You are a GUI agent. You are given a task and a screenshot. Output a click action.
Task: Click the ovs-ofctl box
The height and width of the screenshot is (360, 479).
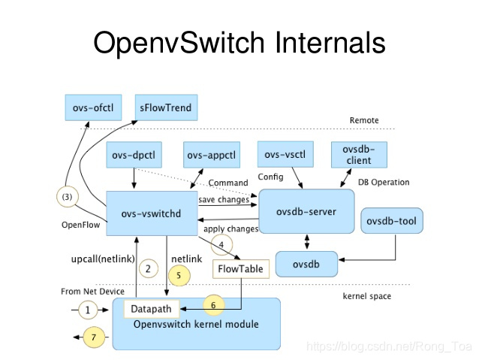click(x=94, y=107)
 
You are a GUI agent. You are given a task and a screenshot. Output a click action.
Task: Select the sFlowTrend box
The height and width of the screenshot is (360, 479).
click(x=165, y=107)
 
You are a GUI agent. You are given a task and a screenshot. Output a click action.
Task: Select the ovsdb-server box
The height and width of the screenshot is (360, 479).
click(x=306, y=212)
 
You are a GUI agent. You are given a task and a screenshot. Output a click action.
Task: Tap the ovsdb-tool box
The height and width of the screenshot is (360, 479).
click(x=393, y=222)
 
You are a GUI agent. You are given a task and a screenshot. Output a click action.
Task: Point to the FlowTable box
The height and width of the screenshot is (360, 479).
click(x=241, y=268)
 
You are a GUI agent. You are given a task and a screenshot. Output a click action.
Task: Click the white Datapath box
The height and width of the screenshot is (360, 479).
click(x=151, y=309)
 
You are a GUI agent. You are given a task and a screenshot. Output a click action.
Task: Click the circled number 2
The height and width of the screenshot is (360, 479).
click(x=149, y=268)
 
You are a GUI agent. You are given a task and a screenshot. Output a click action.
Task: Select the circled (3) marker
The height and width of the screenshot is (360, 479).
click(x=68, y=197)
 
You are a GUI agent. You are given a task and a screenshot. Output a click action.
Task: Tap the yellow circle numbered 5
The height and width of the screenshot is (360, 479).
click(x=179, y=275)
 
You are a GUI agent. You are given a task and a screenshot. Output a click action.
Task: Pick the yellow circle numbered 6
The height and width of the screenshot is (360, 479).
click(x=212, y=306)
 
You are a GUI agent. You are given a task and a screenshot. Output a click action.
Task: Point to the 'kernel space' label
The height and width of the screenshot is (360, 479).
click(x=366, y=296)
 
